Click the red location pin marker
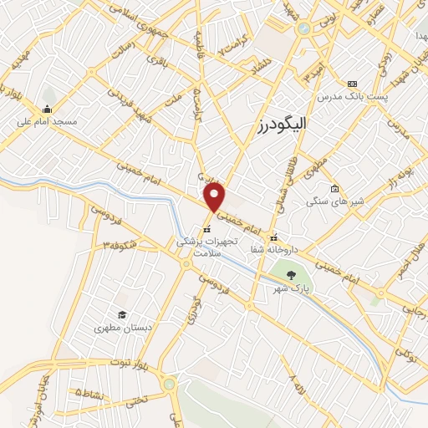(215, 198)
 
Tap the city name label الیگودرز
(283, 126)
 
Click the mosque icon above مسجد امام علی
(47, 108)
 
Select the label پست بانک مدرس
(349, 97)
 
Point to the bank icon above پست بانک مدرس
(352, 84)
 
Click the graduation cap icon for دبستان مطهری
(122, 314)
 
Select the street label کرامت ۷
(234, 47)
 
